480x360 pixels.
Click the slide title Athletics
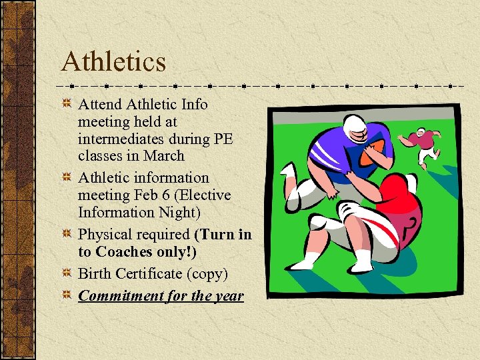point(113,62)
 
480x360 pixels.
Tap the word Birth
point(95,274)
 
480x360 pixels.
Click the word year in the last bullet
point(229,295)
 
